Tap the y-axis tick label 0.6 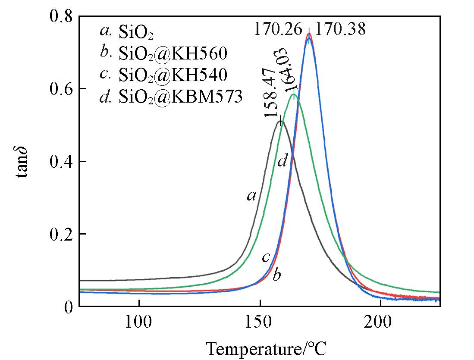[x=62, y=89]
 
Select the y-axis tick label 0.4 [x=62, y=162]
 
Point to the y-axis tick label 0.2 [x=62, y=234]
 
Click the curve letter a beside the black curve [x=251, y=196]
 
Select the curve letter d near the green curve [x=282, y=162]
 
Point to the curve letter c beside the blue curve [x=266, y=257]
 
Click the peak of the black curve [x=281, y=122]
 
